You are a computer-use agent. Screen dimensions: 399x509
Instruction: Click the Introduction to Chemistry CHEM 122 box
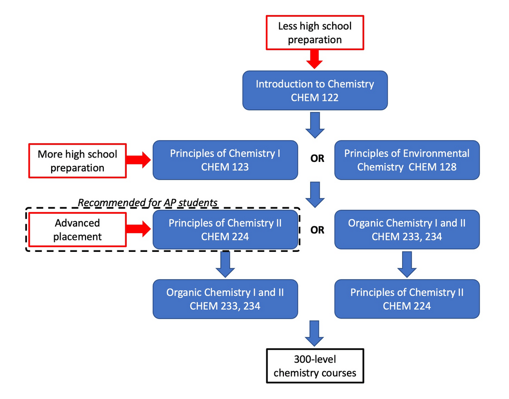pos(315,90)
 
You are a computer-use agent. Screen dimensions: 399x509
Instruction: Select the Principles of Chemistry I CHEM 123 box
pos(225,160)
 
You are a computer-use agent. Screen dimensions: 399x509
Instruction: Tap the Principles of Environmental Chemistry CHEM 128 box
pos(407,160)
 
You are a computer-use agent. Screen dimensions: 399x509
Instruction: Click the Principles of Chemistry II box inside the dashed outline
pos(225,230)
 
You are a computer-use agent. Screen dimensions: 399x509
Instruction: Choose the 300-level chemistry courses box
pos(315,366)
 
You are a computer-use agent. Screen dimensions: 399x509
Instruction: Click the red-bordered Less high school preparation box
pos(315,33)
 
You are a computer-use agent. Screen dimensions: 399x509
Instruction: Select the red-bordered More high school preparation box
pos(78,160)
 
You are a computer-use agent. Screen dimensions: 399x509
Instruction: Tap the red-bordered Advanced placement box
pos(78,230)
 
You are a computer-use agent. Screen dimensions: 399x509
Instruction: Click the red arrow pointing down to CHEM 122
pos(315,59)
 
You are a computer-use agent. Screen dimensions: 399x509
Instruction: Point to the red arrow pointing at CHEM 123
pos(139,160)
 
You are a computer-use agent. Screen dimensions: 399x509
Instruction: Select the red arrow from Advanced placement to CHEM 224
pos(139,229)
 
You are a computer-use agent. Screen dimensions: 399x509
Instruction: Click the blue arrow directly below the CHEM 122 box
pos(315,125)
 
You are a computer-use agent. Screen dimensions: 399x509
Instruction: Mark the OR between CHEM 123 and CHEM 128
pos(317,160)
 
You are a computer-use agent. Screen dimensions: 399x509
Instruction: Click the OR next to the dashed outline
pos(317,230)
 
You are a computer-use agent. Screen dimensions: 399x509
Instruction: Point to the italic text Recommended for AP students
pos(148,202)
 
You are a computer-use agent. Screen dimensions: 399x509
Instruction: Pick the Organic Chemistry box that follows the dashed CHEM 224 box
pos(225,299)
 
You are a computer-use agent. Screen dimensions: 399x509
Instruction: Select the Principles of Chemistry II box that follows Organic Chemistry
pos(407,299)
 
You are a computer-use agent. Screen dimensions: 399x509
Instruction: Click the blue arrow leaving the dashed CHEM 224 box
pos(225,264)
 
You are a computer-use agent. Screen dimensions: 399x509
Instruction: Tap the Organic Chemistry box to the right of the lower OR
pos(407,230)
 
